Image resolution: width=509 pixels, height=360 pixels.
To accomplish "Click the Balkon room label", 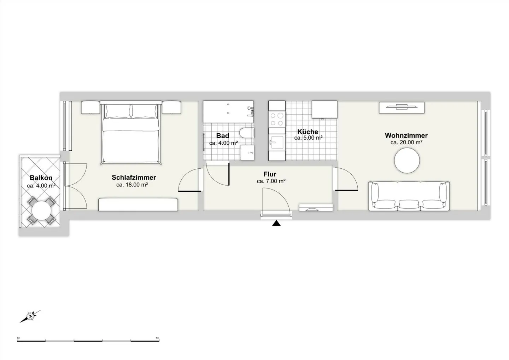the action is pyautogui.click(x=41, y=178).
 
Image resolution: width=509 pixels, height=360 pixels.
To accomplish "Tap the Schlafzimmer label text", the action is pyautogui.click(x=134, y=178).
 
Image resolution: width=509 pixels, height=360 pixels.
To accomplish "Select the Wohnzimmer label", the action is pyautogui.click(x=406, y=135).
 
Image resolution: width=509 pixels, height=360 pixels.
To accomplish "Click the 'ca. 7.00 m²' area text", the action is pyautogui.click(x=271, y=181).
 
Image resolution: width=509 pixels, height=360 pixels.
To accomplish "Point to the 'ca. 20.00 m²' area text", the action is pyautogui.click(x=406, y=143).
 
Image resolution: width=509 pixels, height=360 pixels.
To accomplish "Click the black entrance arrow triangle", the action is pyautogui.click(x=276, y=223).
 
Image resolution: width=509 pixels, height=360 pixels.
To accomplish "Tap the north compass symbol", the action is pyautogui.click(x=30, y=316).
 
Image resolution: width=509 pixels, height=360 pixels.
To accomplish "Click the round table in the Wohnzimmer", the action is pyautogui.click(x=407, y=161).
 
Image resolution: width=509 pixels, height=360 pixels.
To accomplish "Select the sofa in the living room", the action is pyautogui.click(x=409, y=196).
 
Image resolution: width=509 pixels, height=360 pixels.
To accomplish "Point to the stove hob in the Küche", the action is pyautogui.click(x=277, y=119).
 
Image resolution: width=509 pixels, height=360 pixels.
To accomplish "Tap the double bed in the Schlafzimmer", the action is pyautogui.click(x=131, y=132).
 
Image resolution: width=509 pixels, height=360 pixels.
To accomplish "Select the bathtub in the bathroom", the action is pyautogui.click(x=228, y=112).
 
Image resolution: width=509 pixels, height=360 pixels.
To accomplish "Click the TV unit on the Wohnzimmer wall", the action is pyautogui.click(x=402, y=108).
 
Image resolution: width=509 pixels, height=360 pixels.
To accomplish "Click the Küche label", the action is pyautogui.click(x=308, y=132).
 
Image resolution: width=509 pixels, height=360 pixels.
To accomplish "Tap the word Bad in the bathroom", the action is pyautogui.click(x=222, y=136).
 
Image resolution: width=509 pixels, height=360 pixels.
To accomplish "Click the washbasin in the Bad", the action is pyautogui.click(x=247, y=153).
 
